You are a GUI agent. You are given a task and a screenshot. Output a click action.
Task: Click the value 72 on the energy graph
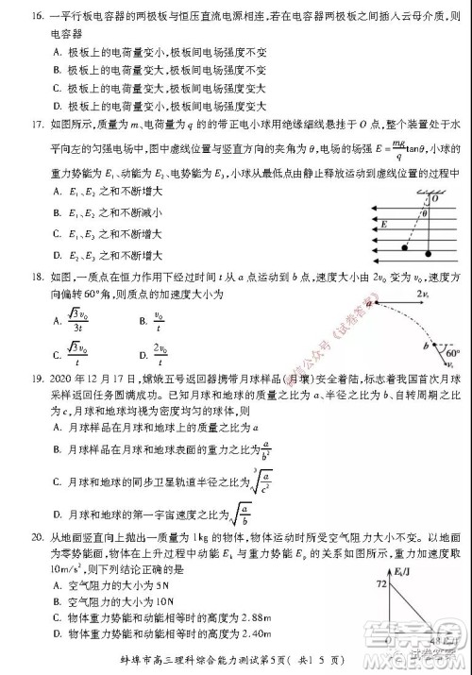[381, 585]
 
